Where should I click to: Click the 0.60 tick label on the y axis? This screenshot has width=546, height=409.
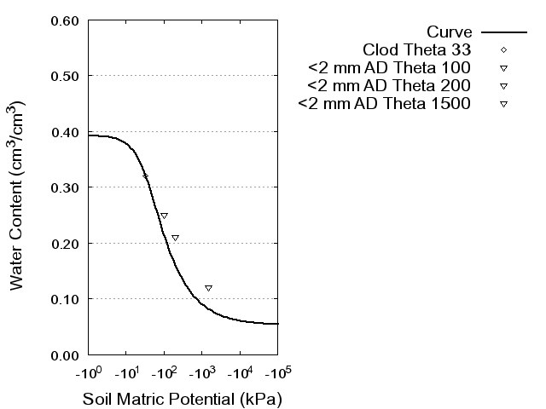coord(66,20)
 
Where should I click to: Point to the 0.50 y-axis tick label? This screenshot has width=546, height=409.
coord(66,76)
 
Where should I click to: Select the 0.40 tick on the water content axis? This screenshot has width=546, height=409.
coord(66,132)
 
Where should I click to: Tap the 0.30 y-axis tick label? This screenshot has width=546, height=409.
coord(66,187)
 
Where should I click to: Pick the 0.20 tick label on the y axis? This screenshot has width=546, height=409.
coord(66,244)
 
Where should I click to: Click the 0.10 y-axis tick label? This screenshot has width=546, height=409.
coord(66,299)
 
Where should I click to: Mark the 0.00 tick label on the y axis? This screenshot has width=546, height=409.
coord(66,354)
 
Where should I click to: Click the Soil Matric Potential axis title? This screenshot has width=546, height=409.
coord(182,398)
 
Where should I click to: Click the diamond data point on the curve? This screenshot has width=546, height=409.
coord(145,176)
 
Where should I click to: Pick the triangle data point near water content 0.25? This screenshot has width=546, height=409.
coord(164,216)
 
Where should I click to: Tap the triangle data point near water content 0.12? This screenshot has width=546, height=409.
coord(208,288)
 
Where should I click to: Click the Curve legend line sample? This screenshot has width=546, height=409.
coord(504,31)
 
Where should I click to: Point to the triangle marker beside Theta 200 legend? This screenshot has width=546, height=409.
coord(503,86)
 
